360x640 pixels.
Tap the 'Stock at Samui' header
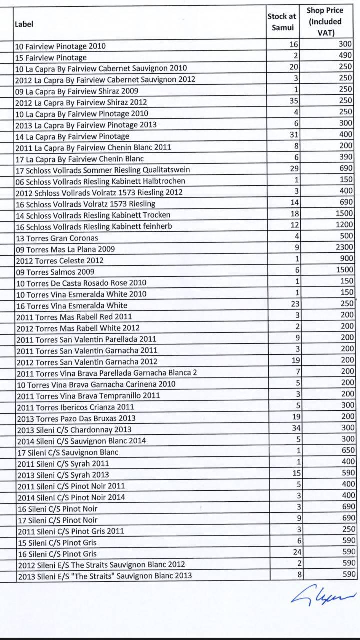(x=282, y=22)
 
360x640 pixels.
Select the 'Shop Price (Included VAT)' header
(x=325, y=22)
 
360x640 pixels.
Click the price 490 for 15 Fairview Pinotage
(x=345, y=55)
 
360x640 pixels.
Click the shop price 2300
(x=343, y=247)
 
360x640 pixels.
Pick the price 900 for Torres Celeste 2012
(x=346, y=258)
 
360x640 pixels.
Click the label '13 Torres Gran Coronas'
(x=57, y=238)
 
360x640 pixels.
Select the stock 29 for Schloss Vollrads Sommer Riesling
(x=294, y=169)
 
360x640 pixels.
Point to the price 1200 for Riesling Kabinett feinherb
(x=343, y=225)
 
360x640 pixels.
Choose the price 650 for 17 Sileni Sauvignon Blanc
(x=346, y=450)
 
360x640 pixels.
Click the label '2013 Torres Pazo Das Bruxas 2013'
(x=76, y=418)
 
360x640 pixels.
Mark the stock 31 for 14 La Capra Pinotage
(x=294, y=135)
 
